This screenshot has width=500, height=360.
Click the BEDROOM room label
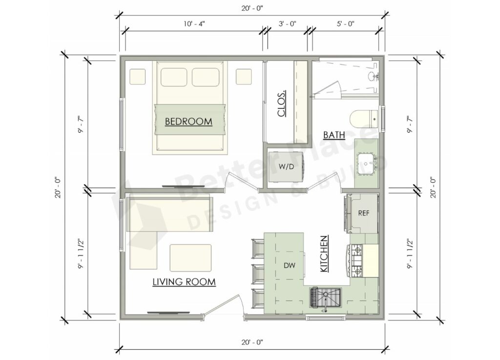click(x=188, y=121)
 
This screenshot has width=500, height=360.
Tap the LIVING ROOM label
click(x=184, y=282)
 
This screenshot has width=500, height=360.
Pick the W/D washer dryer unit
click(x=286, y=167)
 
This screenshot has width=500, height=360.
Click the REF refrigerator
click(x=363, y=213)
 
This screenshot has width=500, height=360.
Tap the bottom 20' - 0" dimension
click(x=252, y=342)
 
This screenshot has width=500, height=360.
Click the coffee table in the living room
click(x=190, y=257)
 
